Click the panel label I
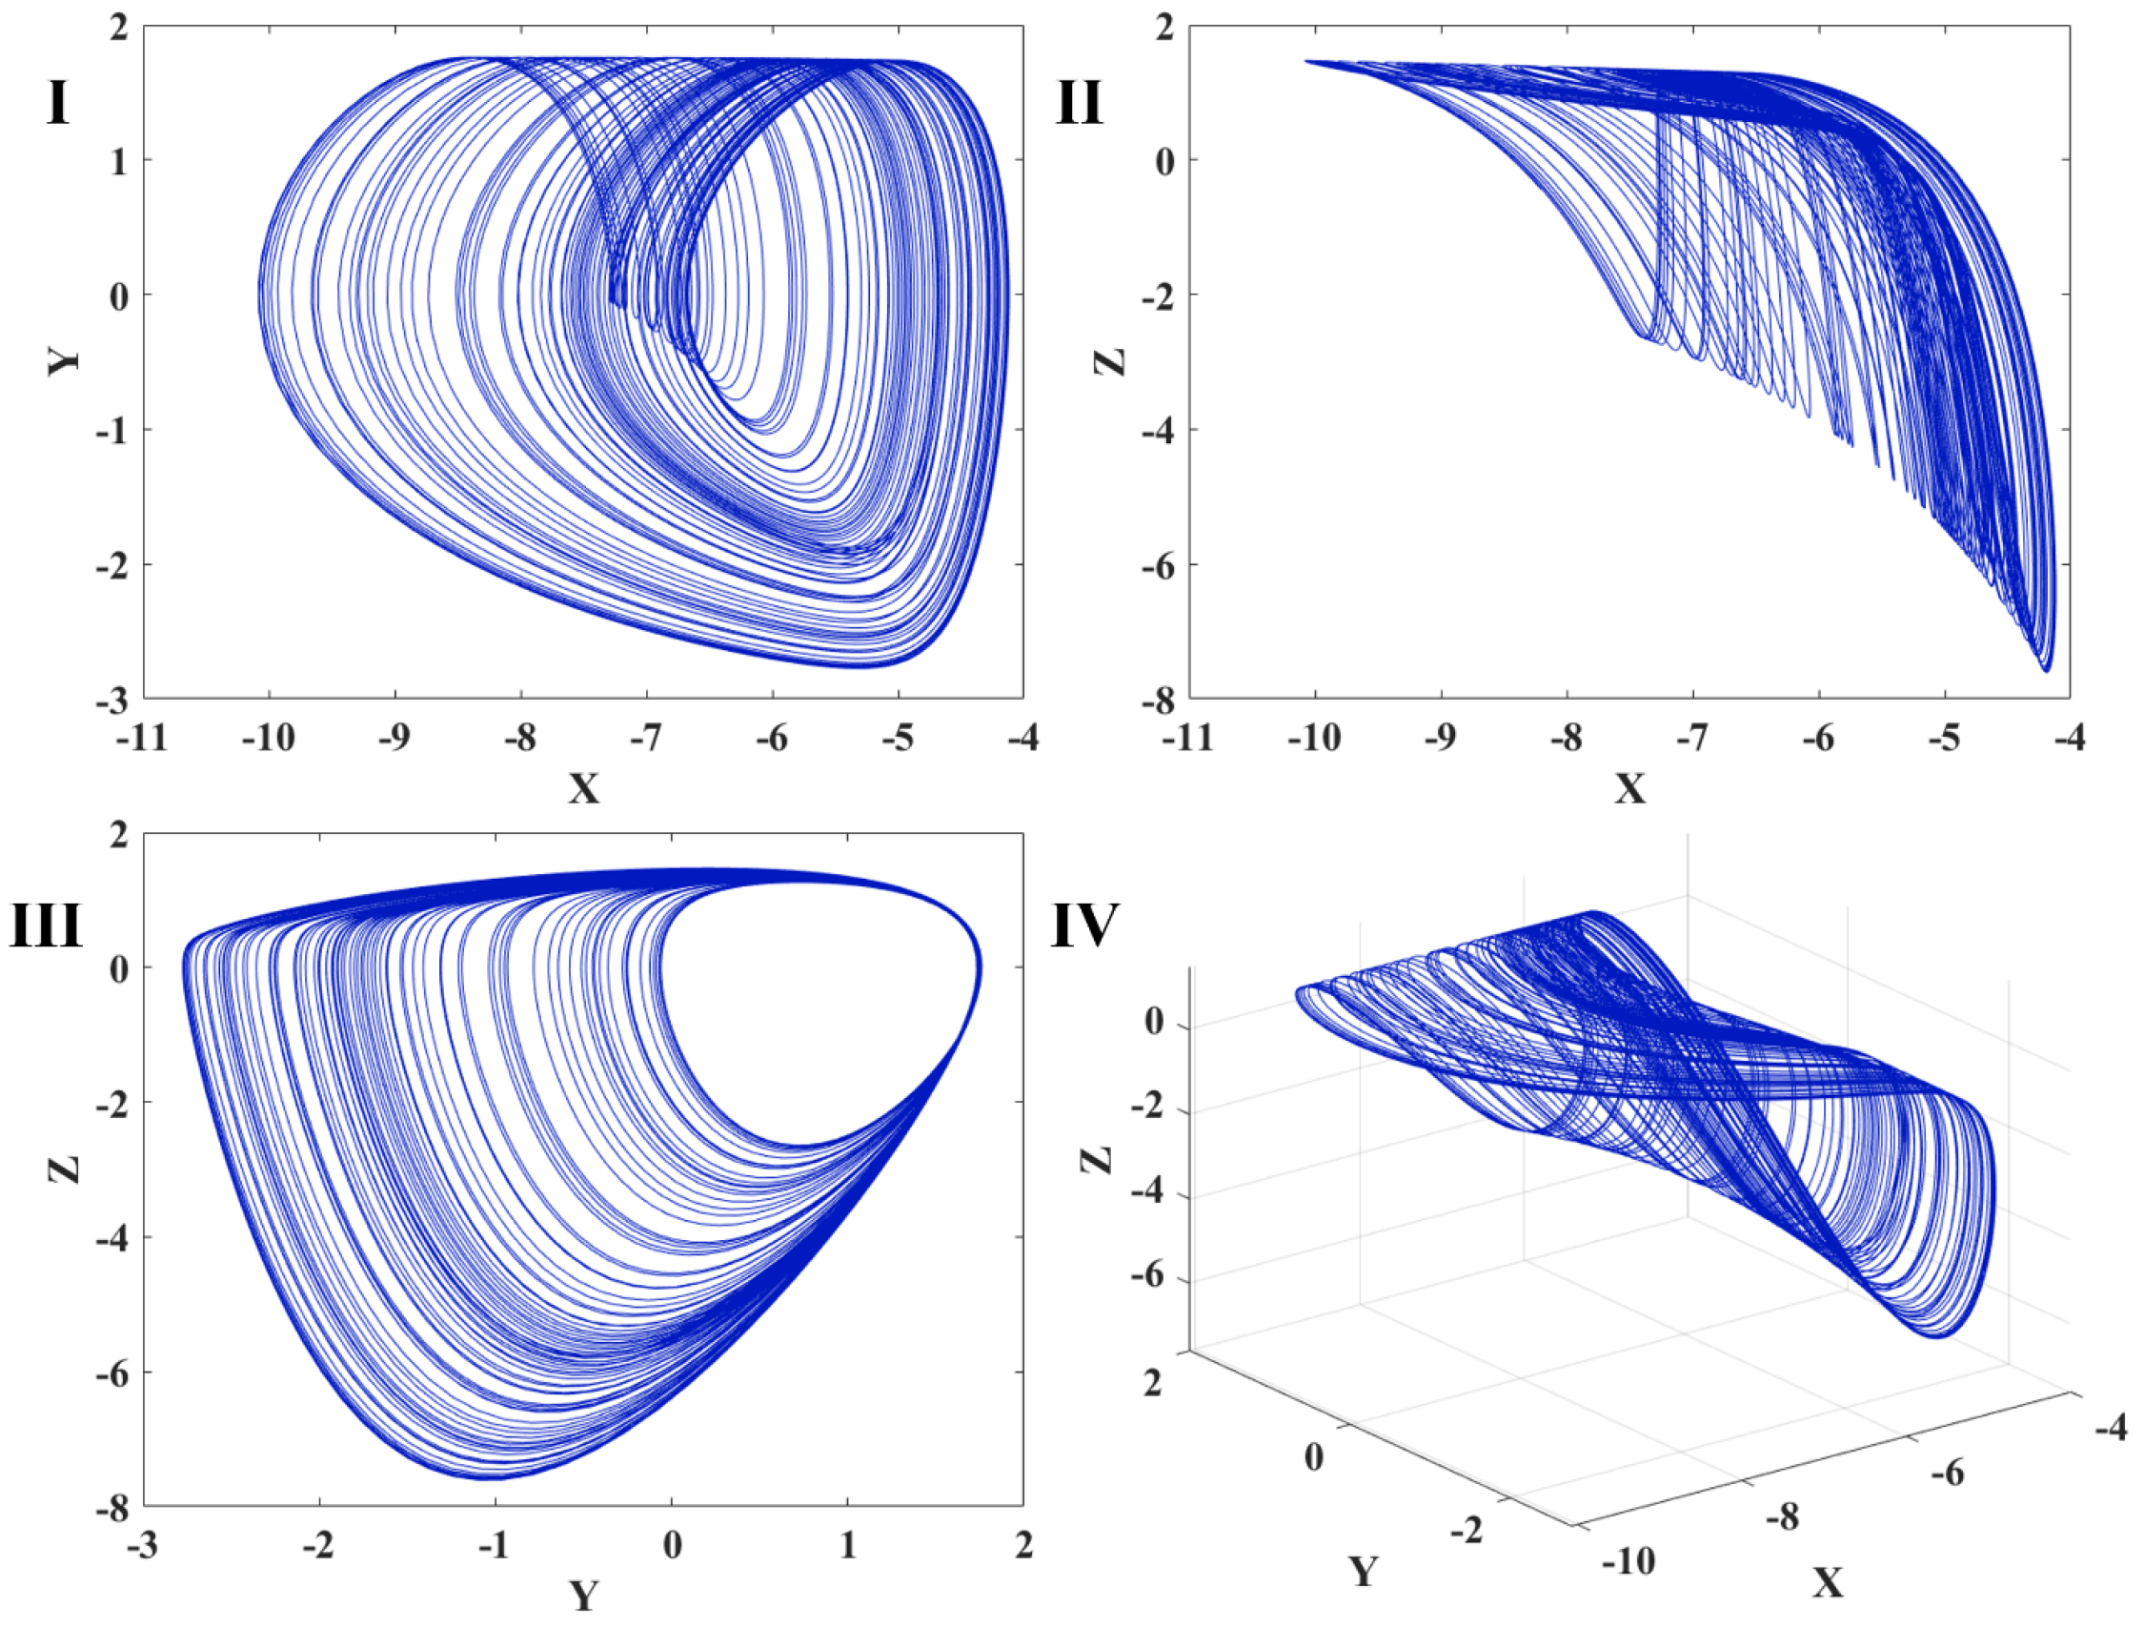[58, 103]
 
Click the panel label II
[1079, 103]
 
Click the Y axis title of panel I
[64, 361]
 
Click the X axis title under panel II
[1629, 788]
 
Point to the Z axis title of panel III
[64, 1169]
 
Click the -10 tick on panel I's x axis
[269, 739]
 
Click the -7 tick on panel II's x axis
[1692, 739]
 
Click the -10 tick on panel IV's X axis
[1628, 1562]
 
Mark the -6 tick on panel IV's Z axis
[1151, 1277]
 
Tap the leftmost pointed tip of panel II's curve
[1306, 61]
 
